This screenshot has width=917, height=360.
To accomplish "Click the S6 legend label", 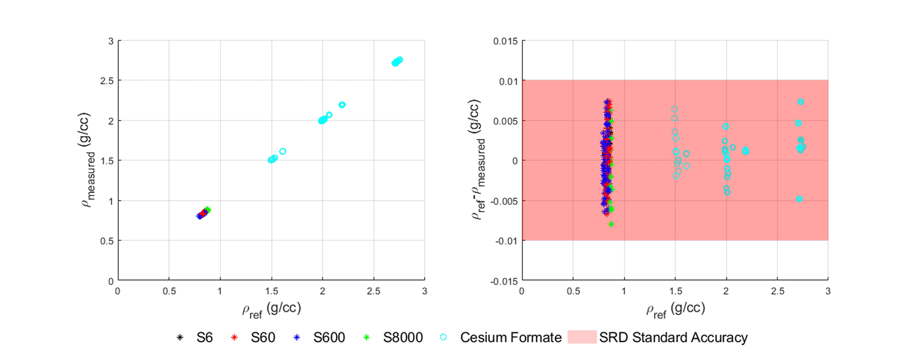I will pos(204,337).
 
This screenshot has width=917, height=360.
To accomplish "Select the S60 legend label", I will pos(263,337).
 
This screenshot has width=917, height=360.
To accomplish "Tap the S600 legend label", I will pos(329,337).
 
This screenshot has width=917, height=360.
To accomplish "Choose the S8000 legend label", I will pos(403,337).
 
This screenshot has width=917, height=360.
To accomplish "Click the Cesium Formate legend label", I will pos(510,337).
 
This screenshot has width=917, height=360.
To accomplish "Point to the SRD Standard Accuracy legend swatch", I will pos(582,337).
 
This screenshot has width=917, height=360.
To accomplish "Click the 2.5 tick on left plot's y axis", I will pos(107,81).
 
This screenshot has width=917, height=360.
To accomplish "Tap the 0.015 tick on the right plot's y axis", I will pos(505,41).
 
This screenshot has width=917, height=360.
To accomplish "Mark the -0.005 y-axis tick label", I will pos(504,201).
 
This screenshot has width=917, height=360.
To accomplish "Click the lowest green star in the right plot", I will pos(611,224).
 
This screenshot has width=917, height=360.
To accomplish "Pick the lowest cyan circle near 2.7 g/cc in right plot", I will pos(799,199).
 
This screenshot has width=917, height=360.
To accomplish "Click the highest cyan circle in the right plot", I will pos(801,102).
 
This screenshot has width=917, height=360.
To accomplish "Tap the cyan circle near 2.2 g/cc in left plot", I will pos(342,105).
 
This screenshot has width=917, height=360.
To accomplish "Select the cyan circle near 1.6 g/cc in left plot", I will pos(283,151).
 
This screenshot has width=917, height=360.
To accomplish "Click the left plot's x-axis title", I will pos(271,309).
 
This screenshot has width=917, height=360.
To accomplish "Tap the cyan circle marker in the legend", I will pos(443,337).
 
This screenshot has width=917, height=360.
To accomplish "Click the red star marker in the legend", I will pos(234,337).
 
